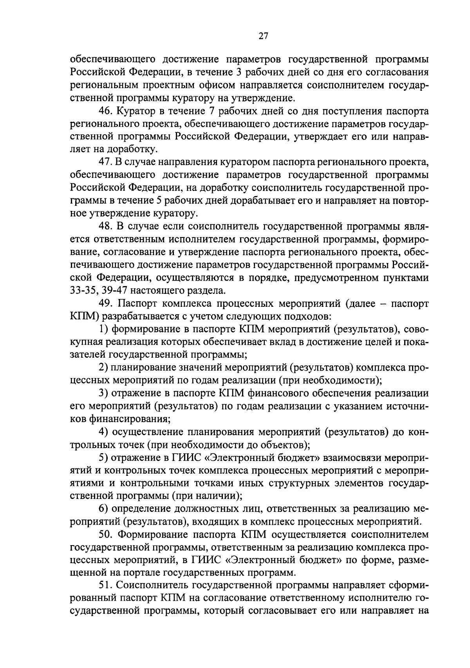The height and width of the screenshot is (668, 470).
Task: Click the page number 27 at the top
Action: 263,36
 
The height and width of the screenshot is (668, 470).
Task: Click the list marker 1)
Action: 103,329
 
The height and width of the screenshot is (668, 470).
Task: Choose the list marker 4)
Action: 103,432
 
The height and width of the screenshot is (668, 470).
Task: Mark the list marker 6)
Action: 103,509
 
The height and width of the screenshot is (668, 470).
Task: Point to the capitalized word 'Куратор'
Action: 134,111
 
